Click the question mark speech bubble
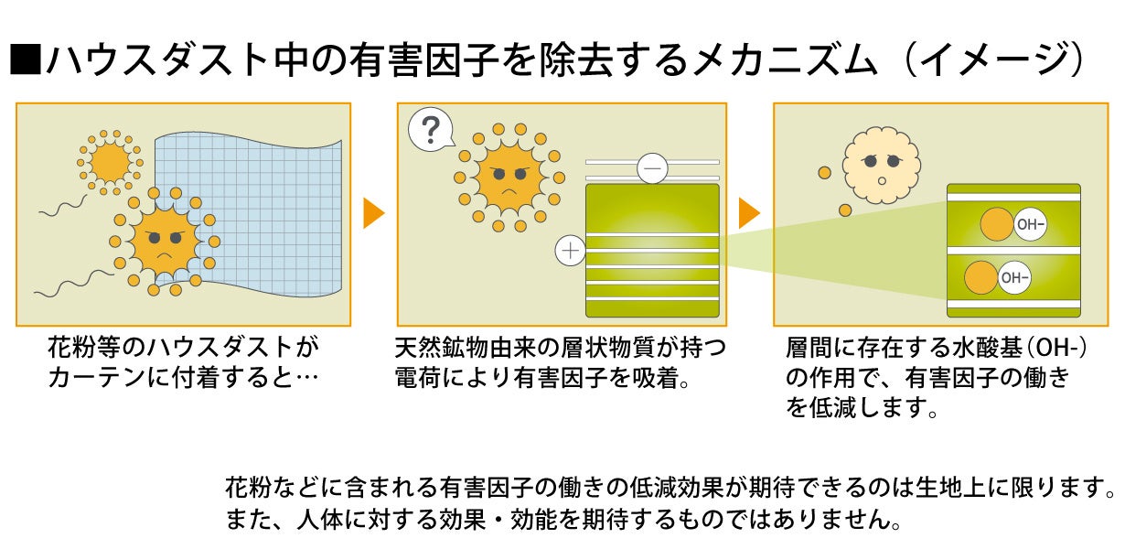(431, 130)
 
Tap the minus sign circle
(652, 168)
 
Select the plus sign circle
(570, 250)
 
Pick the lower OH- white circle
(1013, 277)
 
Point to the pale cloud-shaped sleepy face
(879, 165)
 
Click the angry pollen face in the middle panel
(509, 173)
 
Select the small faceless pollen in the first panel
(111, 162)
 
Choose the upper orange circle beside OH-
(997, 225)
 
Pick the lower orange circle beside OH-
(981, 277)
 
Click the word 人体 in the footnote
(316, 520)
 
